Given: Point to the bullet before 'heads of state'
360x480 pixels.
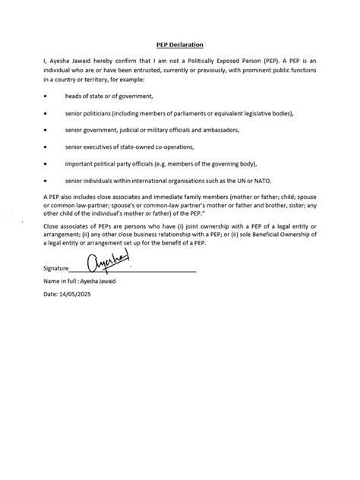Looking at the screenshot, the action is coord(46,96).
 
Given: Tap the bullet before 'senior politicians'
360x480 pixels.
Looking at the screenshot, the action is coord(46,113).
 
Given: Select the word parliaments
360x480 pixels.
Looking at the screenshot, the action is coord(194,113).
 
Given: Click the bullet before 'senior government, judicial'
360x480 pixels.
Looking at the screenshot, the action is coord(46,129).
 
